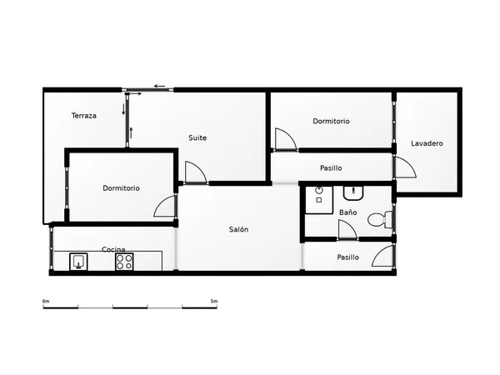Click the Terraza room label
pos(84,116)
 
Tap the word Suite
pos(197,137)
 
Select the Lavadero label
pos(427,143)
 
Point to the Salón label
pos(238,229)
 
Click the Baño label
pos(347,212)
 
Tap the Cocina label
pos(113,249)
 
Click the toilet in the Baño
pos(380,219)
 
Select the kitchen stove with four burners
pos(124,262)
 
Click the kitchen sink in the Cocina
pos(78,262)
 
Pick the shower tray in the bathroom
pos(319,200)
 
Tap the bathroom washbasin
pos(353,193)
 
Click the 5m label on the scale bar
pos(214,301)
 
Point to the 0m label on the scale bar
pos(46,301)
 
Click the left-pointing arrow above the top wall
pos(159,86)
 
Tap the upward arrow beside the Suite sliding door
pos(131,132)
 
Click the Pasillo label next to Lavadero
pos(331,168)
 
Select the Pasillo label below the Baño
pos(347,257)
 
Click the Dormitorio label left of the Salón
pos(121,188)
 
